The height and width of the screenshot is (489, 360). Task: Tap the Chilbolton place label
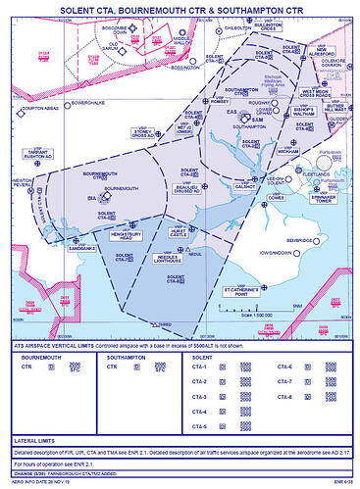[239, 30]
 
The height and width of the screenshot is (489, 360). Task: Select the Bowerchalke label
[63, 101]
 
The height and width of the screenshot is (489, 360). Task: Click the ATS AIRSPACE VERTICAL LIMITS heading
[48, 349]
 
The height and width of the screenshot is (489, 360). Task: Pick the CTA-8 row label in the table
[284, 397]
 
